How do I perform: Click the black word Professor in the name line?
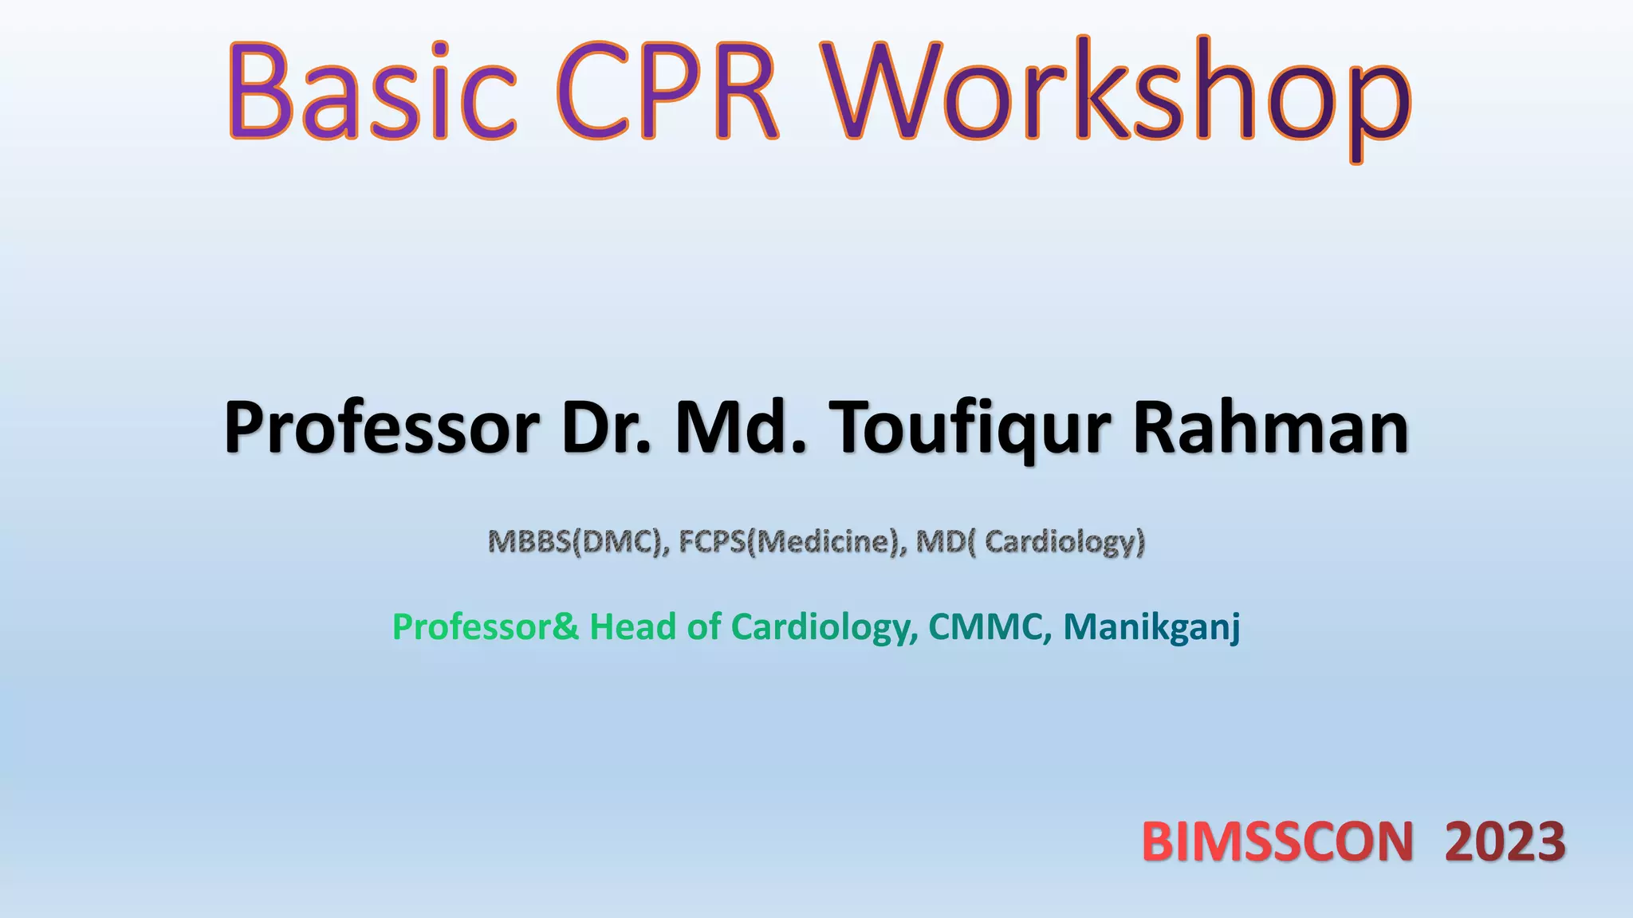(381, 429)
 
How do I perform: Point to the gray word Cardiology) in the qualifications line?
(1064, 542)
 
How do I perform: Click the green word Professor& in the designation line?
(486, 627)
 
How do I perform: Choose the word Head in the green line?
(633, 627)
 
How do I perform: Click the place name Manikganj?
(1151, 627)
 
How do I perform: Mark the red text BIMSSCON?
(1277, 842)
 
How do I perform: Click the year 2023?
(1505, 842)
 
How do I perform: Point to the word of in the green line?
(703, 627)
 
